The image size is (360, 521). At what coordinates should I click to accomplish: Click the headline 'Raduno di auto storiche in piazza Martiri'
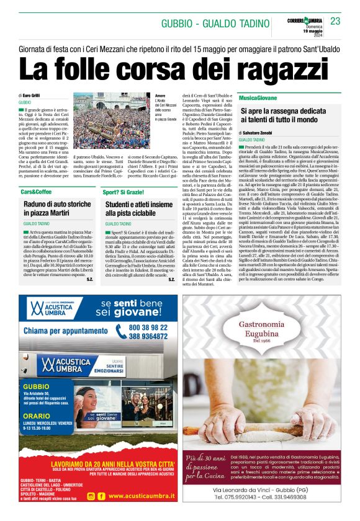[58, 208]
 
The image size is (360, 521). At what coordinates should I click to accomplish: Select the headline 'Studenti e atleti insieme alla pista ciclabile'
[139, 208]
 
